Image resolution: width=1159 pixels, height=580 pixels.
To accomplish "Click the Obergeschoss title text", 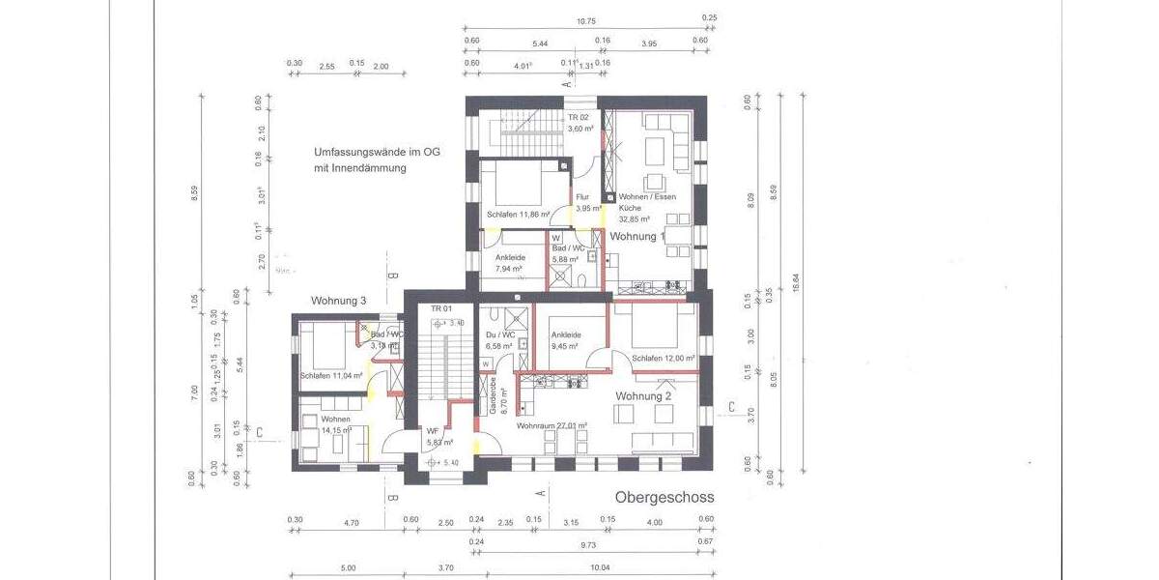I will click(664, 498).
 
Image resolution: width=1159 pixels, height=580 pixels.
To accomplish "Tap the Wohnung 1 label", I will click(637, 236).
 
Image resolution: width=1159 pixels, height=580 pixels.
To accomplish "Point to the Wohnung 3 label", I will click(338, 302).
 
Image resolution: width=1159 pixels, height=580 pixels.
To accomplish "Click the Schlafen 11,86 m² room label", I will click(519, 215).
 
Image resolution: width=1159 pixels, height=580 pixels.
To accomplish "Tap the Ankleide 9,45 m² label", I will click(564, 340).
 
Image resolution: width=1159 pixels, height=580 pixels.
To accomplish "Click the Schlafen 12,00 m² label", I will click(664, 358).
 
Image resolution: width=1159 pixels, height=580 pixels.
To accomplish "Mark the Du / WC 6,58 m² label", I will click(499, 340).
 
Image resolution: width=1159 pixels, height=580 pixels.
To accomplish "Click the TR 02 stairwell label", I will click(579, 123).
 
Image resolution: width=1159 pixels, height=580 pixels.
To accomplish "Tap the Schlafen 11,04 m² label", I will click(330, 376).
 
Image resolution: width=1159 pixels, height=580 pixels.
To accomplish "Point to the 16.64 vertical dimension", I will click(796, 280).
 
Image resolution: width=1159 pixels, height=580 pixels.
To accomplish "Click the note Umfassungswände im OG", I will click(377, 153).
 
